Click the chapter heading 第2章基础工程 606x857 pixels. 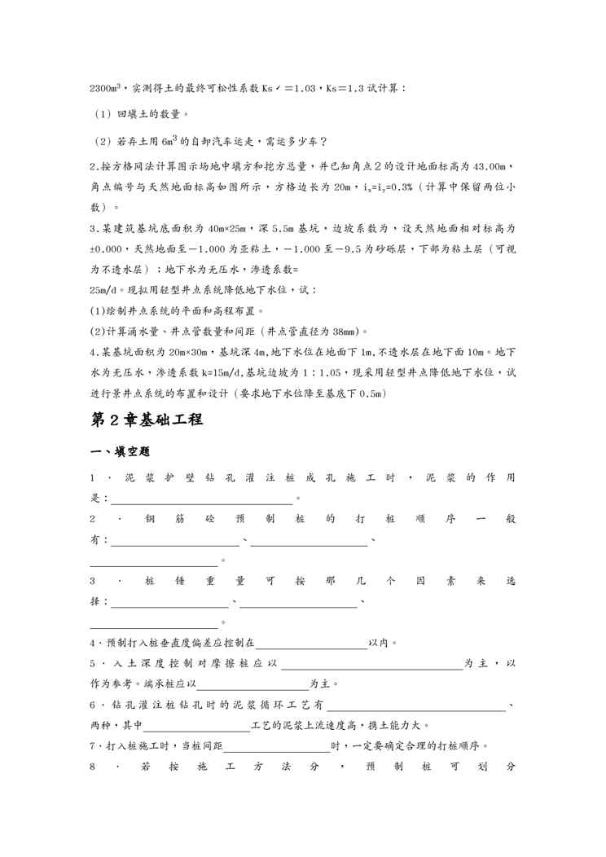[x=146, y=420]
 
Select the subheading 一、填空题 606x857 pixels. [x=120, y=451]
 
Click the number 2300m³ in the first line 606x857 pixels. [x=105, y=88]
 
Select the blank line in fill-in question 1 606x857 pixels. [x=200, y=498]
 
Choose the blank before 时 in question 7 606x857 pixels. [x=277, y=745]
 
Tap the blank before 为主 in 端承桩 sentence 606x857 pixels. [x=252, y=683]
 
